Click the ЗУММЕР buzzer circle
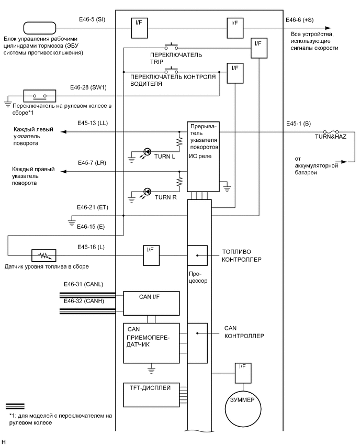[x=242, y=399]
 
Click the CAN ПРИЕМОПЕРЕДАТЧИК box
[x=151, y=343]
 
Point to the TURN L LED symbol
[x=148, y=152]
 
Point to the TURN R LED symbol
[x=148, y=191]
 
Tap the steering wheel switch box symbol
[x=39, y=96]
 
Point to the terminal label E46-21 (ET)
[x=92, y=208]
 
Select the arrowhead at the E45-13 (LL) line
[x=62, y=132]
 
